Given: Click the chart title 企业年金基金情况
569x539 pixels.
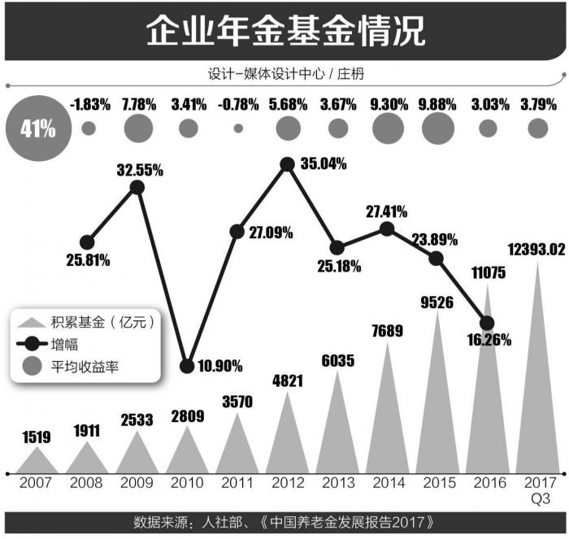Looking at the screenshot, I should (284, 32).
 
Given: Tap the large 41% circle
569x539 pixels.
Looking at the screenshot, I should (38, 128).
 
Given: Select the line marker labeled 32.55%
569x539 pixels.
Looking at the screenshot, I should (137, 187).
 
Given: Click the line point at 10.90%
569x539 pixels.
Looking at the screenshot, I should (187, 366).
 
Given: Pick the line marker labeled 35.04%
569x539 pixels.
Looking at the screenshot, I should (287, 164).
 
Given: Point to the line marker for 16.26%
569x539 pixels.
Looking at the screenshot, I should (487, 322).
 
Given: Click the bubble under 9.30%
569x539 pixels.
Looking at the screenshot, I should (388, 128).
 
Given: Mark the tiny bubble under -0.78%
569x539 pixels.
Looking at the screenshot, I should (238, 128).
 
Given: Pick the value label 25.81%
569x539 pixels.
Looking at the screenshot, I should (88, 261).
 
